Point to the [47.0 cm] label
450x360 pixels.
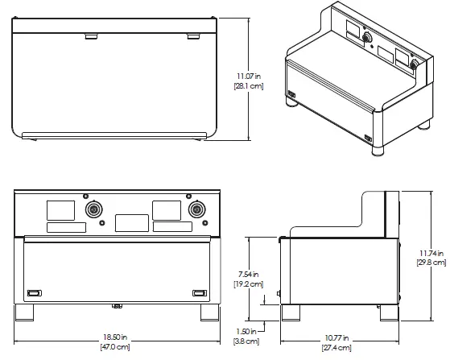click(115, 347)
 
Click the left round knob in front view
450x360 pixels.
click(94, 209)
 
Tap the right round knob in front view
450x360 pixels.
click(196, 209)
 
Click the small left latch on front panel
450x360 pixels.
click(35, 292)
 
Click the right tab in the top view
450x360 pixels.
click(193, 36)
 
